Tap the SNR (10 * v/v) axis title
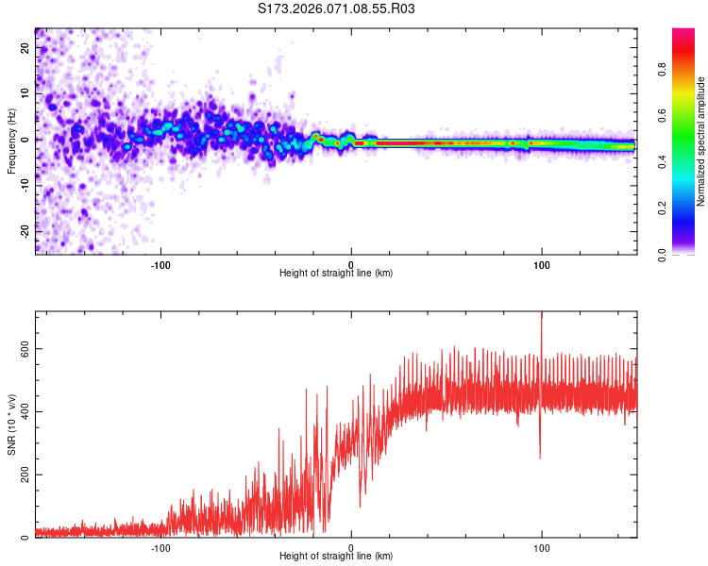(x=11, y=424)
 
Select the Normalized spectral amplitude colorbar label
(x=701, y=141)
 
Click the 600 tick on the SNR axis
(x=23, y=349)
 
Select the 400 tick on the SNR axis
(x=23, y=411)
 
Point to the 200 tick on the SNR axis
(x=23, y=474)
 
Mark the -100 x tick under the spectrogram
(x=160, y=263)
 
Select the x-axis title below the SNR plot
(x=336, y=557)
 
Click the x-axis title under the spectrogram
(x=336, y=274)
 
